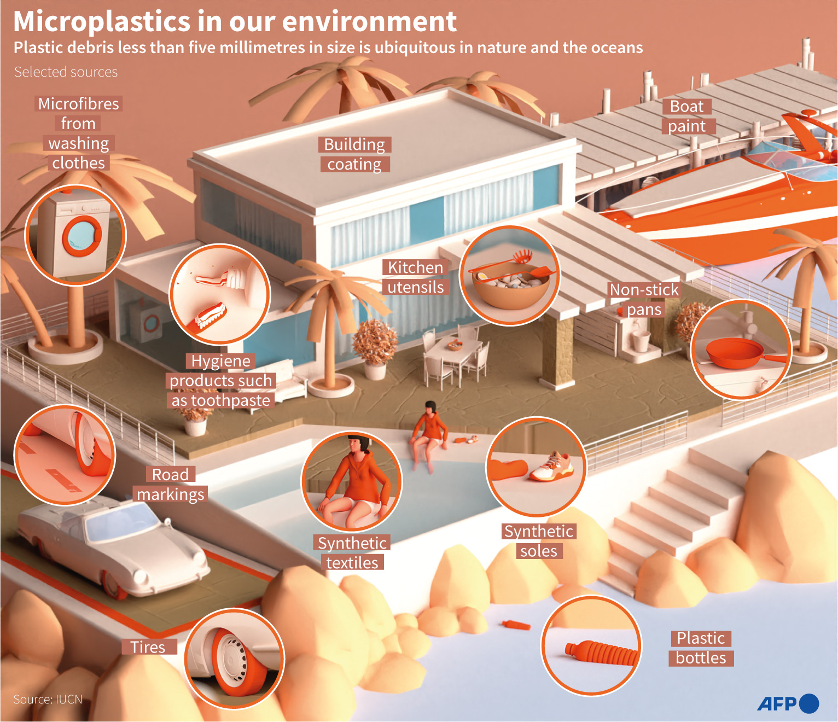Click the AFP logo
click(x=787, y=703)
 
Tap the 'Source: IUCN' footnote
click(x=48, y=700)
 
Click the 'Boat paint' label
click(x=687, y=117)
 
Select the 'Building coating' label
click(x=354, y=154)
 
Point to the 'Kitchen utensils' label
click(x=416, y=277)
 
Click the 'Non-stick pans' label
click(x=644, y=300)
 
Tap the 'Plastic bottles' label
click(x=701, y=648)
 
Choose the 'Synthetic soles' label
click(x=539, y=541)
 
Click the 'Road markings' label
click(x=170, y=485)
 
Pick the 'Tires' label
click(x=148, y=647)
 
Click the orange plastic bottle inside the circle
click(x=602, y=652)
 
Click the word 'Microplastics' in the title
click(x=102, y=22)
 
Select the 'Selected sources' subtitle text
click(x=66, y=72)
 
